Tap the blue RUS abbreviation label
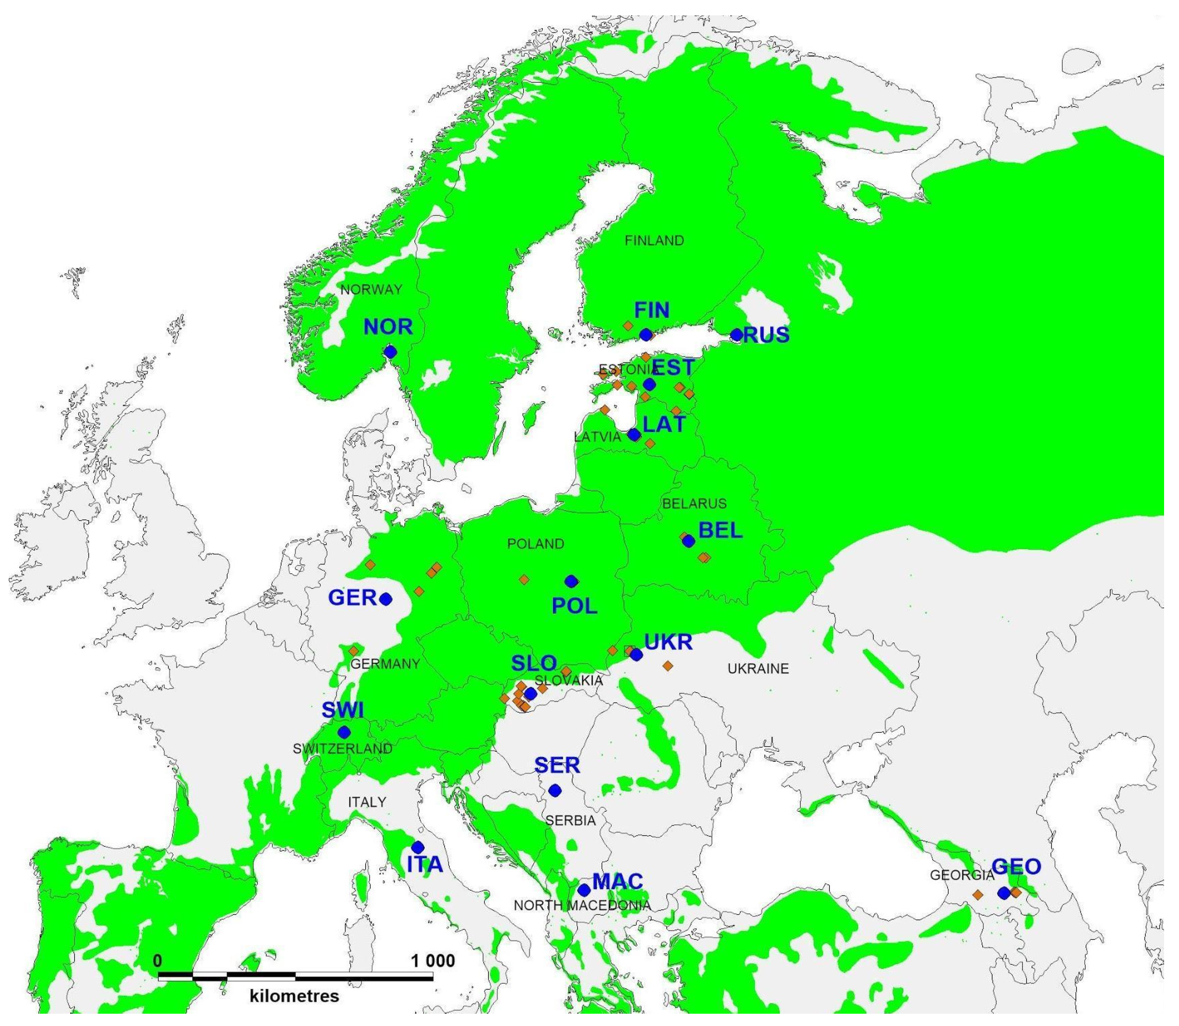pyautogui.click(x=766, y=335)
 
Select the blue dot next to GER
pyautogui.click(x=385, y=599)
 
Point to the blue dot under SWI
pyautogui.click(x=344, y=732)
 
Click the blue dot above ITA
pyautogui.click(x=418, y=847)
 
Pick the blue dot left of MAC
pyautogui.click(x=584, y=890)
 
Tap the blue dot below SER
pyautogui.click(x=555, y=790)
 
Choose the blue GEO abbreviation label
pyautogui.click(x=1016, y=867)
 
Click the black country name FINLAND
pyautogui.click(x=654, y=241)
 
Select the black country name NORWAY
pyautogui.click(x=371, y=290)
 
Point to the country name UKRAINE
pyautogui.click(x=758, y=668)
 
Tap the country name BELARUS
pyautogui.click(x=695, y=504)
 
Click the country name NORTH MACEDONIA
pyautogui.click(x=582, y=906)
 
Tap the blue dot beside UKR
pyautogui.click(x=636, y=654)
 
